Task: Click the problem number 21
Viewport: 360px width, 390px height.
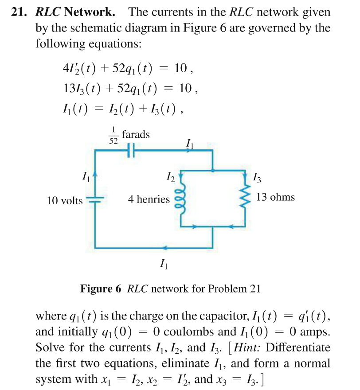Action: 20,12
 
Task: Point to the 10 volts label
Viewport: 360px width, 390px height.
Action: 65,201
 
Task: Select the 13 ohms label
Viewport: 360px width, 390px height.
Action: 275,197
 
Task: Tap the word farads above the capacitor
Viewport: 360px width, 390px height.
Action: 136,134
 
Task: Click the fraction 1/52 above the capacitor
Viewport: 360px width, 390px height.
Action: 113,135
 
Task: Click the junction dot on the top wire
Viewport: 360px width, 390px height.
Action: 213,170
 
